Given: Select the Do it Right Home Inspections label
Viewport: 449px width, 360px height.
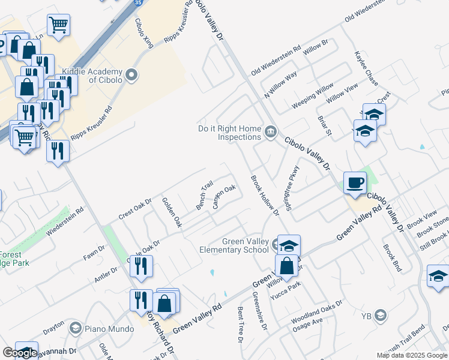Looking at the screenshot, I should click(x=230, y=133).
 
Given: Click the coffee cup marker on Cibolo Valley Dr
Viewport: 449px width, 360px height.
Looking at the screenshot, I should click(x=354, y=182).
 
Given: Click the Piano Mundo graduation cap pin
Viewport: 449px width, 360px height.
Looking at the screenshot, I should click(x=75, y=328).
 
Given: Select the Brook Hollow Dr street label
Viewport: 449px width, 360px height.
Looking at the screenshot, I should click(x=265, y=195).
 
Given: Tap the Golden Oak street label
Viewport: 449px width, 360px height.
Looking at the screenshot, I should click(x=172, y=212).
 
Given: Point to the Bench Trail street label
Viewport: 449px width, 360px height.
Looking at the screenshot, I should click(x=205, y=196).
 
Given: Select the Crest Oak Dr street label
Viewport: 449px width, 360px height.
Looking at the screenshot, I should click(x=135, y=208).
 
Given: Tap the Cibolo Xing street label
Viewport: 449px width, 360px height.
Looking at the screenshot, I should click(x=144, y=34).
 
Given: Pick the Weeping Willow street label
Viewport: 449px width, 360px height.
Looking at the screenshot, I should click(x=313, y=96).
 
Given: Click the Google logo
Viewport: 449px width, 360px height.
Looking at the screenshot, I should click(x=20, y=353).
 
